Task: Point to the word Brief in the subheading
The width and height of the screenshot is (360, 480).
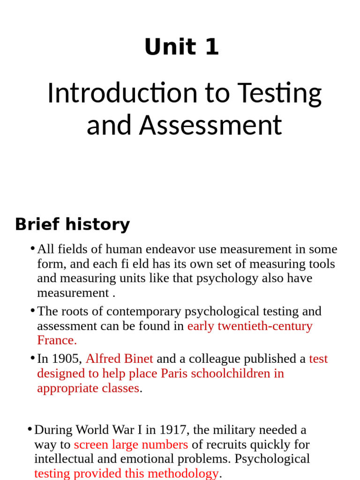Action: pos(37,225)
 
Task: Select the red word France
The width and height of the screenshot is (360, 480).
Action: pos(57,340)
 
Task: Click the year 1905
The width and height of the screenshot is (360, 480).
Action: pos(66,359)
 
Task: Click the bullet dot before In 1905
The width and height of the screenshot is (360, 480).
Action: pos(32,358)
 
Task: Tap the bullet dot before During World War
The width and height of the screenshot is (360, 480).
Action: pos(30,429)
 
